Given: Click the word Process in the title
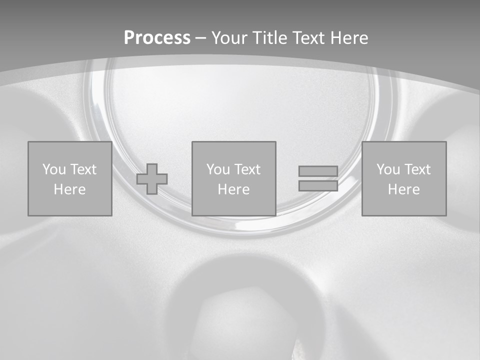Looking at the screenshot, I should (x=157, y=38).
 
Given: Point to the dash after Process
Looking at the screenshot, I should (x=201, y=38).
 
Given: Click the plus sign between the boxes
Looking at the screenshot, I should (x=152, y=179).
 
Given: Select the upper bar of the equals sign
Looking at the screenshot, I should (x=318, y=171).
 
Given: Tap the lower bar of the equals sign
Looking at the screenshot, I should (x=318, y=185).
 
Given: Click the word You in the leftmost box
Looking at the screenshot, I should (x=54, y=169).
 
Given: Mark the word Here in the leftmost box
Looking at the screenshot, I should (x=69, y=189).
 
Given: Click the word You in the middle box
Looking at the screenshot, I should (x=218, y=169).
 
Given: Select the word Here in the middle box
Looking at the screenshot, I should (x=233, y=189).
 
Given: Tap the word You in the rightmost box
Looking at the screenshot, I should (x=388, y=169).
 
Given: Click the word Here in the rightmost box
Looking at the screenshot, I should (x=403, y=189).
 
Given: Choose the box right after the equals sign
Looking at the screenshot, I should (x=404, y=205).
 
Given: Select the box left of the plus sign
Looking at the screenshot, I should (x=69, y=205).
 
